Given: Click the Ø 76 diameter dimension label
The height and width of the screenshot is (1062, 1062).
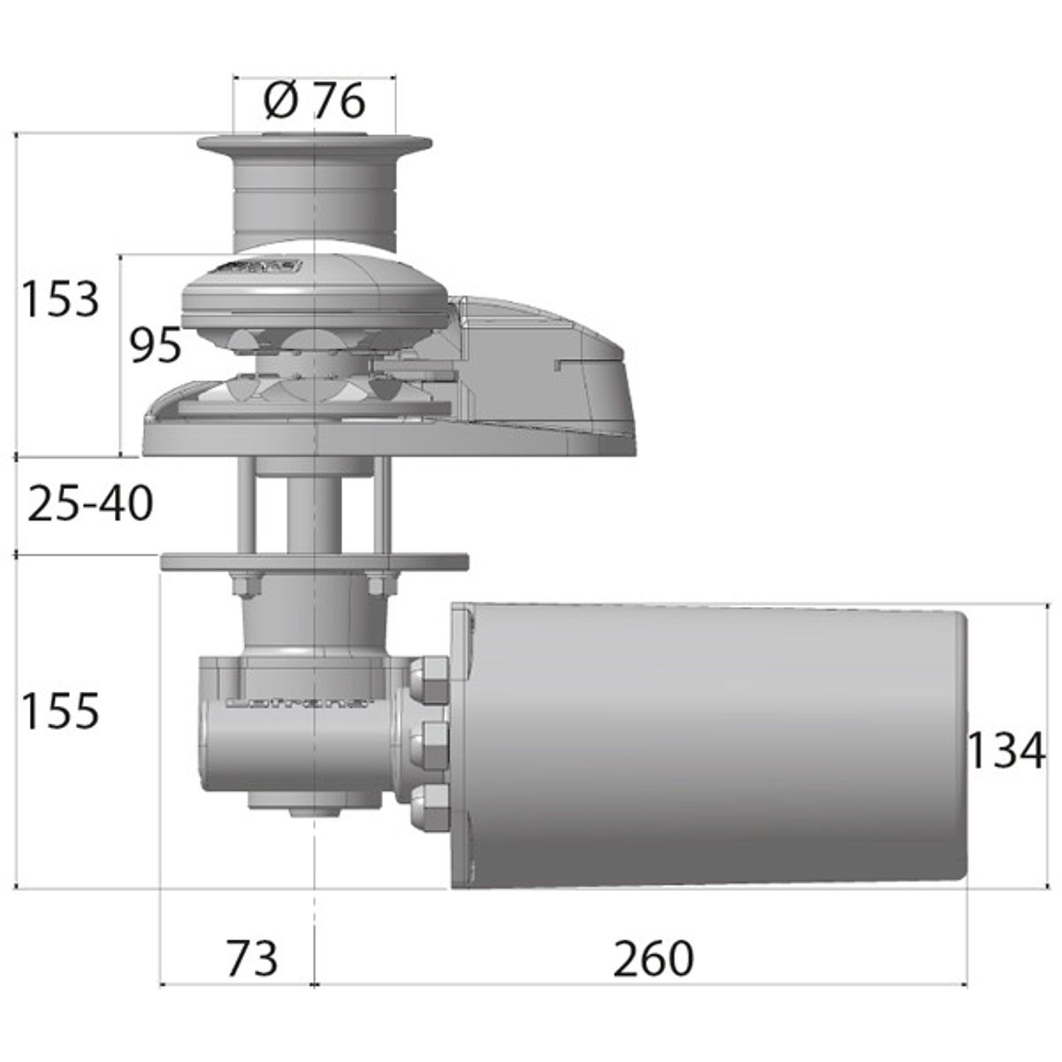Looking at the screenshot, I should pyautogui.click(x=314, y=101).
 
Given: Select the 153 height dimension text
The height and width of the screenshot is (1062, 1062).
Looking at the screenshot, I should pyautogui.click(x=60, y=299).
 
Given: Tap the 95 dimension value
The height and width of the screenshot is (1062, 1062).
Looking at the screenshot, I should pyautogui.click(x=155, y=346).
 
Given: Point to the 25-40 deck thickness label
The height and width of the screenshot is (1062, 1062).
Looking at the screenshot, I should pyautogui.click(x=90, y=504).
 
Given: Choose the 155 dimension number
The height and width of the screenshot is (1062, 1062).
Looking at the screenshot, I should pyautogui.click(x=60, y=711).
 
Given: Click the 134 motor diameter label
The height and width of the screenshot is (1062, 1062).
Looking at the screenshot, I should pyautogui.click(x=1005, y=751).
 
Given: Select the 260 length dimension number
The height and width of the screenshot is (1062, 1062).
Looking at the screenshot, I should pyautogui.click(x=653, y=959).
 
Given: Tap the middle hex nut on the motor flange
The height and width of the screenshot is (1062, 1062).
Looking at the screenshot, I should pyautogui.click(x=429, y=740).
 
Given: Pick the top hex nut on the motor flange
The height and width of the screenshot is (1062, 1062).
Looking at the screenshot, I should pyautogui.click(x=429, y=676).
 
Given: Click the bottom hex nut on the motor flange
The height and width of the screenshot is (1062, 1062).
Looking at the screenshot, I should pyautogui.click(x=429, y=804).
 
